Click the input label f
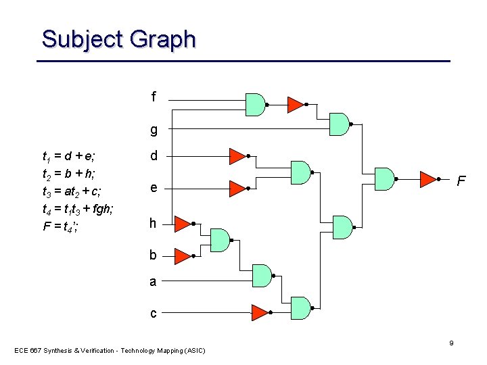coord(154,97)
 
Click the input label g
coord(154,129)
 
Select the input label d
coord(154,156)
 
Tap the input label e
coord(154,187)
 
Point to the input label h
coord(153,223)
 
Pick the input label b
coord(153,255)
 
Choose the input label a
coord(153,282)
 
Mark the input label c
coord(153,313)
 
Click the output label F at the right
coord(461,181)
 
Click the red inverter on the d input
coord(236,156)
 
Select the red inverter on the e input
coord(236,187)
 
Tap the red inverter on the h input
coord(182,223)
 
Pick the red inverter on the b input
coord(182,255)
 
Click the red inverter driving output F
coord(427,179)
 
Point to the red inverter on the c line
coord(259,312)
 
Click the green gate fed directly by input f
coord(254,104)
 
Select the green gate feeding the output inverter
coord(384,178)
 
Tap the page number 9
coord(452,343)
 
